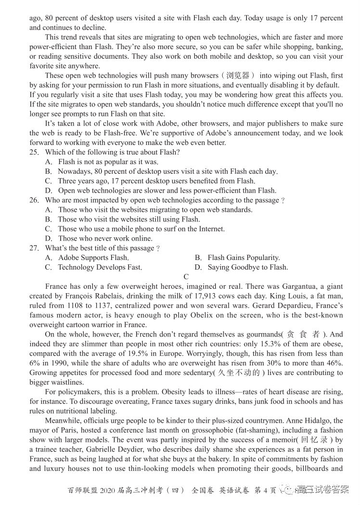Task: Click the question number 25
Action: [x=34, y=153]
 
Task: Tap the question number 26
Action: [x=34, y=200]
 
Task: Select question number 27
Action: [x=34, y=248]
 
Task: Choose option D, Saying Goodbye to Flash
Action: [x=247, y=267]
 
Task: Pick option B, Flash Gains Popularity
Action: [x=244, y=258]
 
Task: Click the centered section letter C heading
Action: [x=186, y=277]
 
